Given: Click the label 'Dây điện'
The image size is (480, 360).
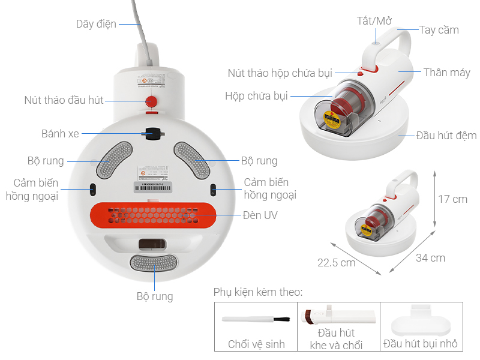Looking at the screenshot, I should (x=96, y=24).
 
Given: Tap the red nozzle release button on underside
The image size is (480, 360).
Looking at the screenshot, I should (x=152, y=101).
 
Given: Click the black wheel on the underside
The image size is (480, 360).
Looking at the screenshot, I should (x=154, y=133).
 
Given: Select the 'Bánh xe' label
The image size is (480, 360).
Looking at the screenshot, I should (x=60, y=133).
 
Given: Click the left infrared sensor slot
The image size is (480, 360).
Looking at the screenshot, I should (x=92, y=190).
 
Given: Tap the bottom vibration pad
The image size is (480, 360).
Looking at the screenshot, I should (x=154, y=262).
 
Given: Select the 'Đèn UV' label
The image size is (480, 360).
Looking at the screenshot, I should (x=260, y=214).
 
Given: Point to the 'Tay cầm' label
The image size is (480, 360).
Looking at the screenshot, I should (x=439, y=30).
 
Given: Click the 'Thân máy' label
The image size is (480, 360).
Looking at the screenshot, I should (x=446, y=73).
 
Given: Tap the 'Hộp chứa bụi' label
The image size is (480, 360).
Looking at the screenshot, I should (x=257, y=96).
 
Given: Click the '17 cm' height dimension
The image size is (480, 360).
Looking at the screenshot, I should (x=452, y=199).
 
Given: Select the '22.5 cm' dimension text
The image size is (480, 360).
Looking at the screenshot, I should (x=336, y=262).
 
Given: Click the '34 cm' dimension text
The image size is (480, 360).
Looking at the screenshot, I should (x=430, y=257).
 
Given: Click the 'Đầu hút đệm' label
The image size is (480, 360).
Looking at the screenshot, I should (x=446, y=135).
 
